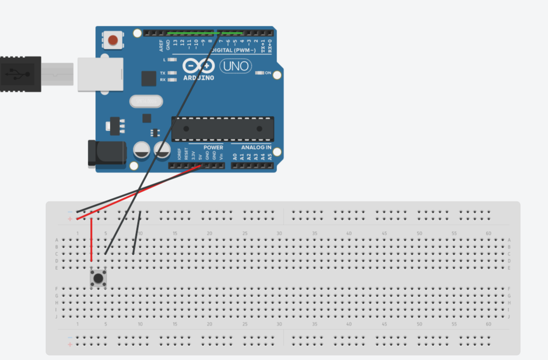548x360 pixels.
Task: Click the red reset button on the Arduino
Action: coord(113,40)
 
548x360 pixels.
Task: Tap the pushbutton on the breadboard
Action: coord(98,278)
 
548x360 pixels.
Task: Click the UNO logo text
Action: coord(236,66)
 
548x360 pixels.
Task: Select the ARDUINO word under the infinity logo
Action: coord(199,78)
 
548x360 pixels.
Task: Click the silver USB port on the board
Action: coord(100,74)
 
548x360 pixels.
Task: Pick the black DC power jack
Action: coord(107,153)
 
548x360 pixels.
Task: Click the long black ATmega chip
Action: coord(223,129)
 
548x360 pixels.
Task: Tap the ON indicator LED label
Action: coord(268,73)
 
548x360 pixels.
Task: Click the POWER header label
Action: coord(213,148)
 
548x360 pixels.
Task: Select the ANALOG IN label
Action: coord(256,148)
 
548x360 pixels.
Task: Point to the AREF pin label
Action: coord(161,45)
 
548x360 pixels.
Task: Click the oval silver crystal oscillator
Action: coord(146,101)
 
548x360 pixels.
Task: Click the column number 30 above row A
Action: coord(279,234)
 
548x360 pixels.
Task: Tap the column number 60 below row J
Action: coord(489,324)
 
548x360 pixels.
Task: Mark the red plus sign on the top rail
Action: coord(70,219)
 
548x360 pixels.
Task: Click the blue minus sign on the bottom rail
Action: coord(70,337)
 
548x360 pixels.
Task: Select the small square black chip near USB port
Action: coord(148,78)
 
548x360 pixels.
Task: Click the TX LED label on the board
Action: coord(162,73)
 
